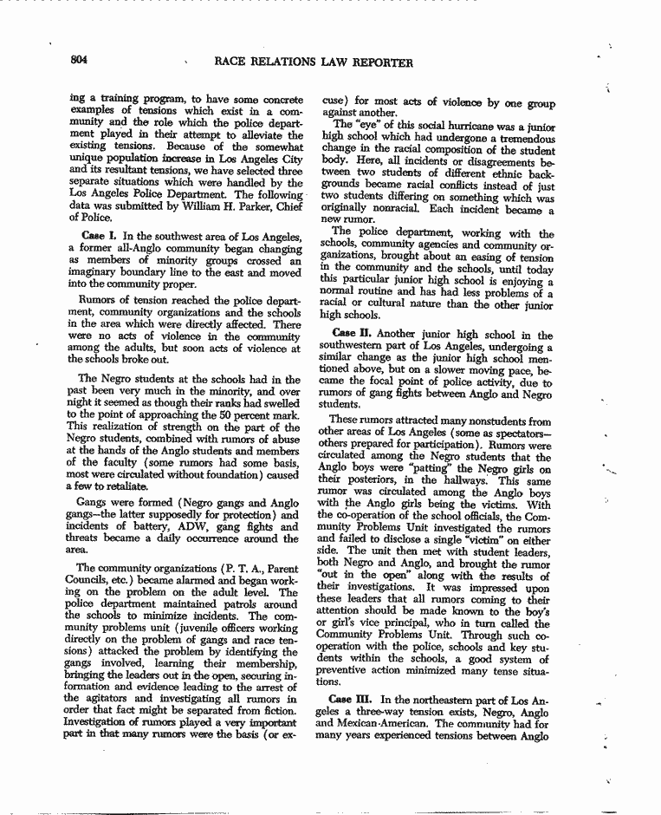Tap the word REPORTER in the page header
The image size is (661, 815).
pos(377,62)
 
